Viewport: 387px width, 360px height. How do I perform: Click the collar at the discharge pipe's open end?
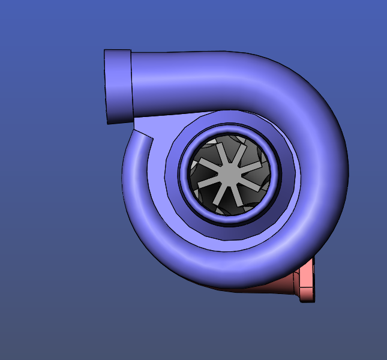(118, 86)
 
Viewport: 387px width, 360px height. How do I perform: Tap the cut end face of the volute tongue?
(143, 133)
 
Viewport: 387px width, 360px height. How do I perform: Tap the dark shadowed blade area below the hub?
(231, 207)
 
